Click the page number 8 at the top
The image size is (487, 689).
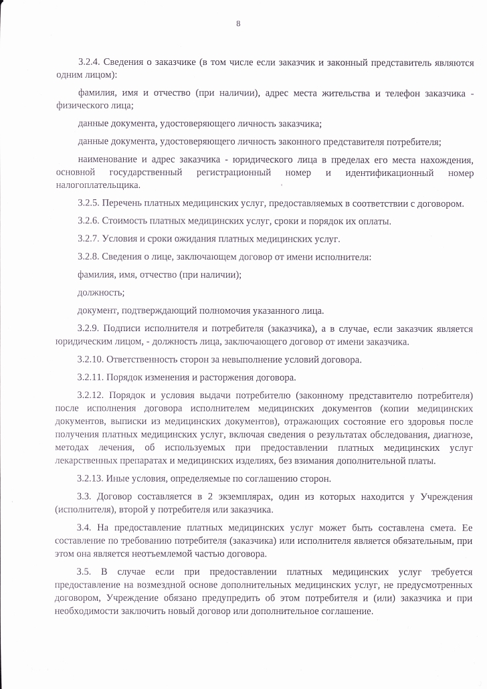tap(238, 24)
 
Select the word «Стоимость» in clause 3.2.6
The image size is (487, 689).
tap(129, 221)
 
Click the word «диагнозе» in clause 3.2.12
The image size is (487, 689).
tap(454, 435)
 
